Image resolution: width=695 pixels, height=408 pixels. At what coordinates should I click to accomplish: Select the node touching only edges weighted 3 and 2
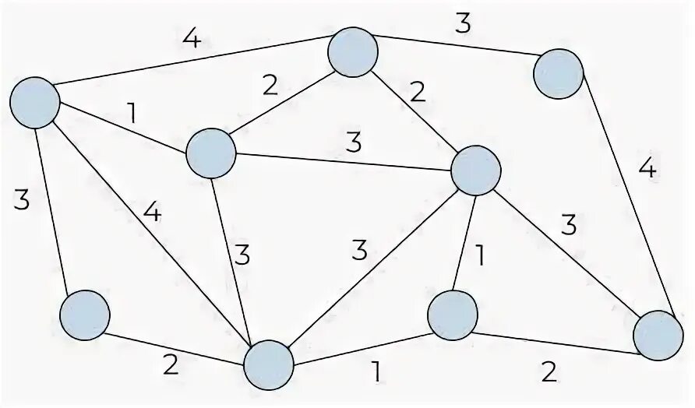(85, 315)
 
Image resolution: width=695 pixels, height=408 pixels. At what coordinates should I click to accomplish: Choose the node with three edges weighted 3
(475, 171)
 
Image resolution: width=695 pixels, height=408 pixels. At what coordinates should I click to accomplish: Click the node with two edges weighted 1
(453, 315)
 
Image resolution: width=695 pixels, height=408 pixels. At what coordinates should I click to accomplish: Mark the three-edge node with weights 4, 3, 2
(658, 336)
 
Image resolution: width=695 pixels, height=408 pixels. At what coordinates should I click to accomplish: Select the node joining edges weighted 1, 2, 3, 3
(211, 153)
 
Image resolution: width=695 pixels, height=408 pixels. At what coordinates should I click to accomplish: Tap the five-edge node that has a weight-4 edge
(269, 364)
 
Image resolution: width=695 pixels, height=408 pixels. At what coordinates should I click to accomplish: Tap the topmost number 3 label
(463, 23)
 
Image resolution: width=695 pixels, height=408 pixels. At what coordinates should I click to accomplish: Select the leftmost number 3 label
(21, 200)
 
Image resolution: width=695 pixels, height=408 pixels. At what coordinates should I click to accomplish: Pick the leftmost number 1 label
(132, 114)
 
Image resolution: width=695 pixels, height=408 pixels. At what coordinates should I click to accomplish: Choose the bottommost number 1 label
(377, 373)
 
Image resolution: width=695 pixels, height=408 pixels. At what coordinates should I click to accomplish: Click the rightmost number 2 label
(549, 373)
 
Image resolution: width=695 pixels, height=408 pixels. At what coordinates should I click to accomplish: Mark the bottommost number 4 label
(153, 213)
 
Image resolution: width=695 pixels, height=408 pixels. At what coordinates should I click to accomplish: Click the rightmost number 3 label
(569, 225)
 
